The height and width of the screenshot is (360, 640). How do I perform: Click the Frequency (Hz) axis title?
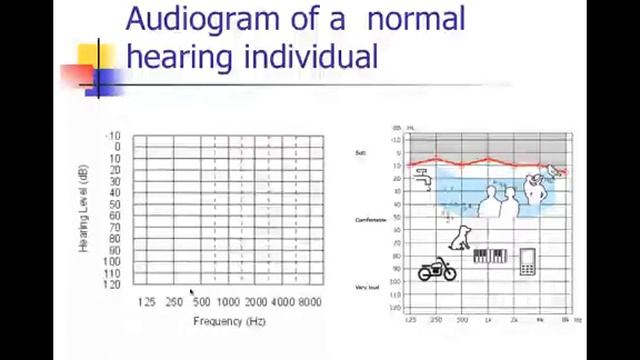coord(228,321)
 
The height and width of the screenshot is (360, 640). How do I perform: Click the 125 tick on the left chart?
coord(147,302)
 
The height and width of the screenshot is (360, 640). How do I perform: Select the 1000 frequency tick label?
coord(228,302)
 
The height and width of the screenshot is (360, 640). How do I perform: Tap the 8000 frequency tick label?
coord(309,302)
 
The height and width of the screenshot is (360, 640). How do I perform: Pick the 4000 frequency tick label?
coord(282,302)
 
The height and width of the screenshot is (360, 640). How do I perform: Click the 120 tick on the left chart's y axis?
coord(112,285)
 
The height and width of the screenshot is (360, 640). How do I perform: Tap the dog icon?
coord(460,237)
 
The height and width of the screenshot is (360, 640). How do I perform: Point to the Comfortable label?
coord(370,220)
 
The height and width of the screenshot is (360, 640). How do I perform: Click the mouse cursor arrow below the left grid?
coord(191,292)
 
